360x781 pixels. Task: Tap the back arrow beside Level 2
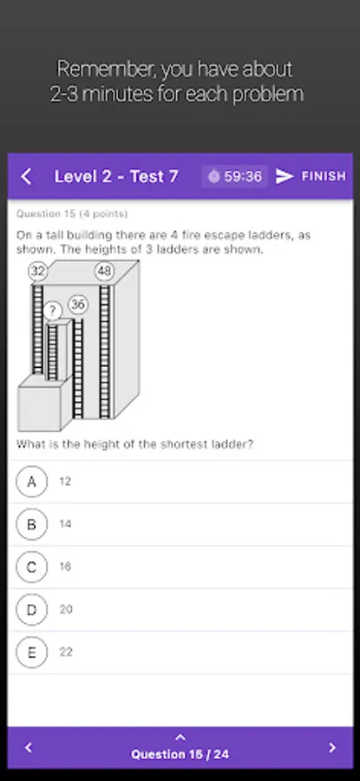tap(26, 176)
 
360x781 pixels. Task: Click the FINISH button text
tap(324, 176)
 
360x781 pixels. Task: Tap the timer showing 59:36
tap(235, 176)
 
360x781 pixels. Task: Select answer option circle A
tap(32, 482)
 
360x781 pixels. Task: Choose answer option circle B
tap(32, 524)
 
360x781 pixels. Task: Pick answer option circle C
tap(32, 567)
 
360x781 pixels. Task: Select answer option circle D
tap(32, 609)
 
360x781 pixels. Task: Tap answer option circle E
tap(32, 652)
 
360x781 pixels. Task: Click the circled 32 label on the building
tap(38, 272)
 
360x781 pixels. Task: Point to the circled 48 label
tap(104, 272)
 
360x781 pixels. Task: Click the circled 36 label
tap(78, 305)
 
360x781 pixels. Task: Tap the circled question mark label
tap(52, 312)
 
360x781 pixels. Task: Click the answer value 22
tap(66, 652)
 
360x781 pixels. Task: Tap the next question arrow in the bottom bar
tap(332, 748)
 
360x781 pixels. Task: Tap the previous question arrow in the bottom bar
tap(29, 748)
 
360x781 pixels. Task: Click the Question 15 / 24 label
tap(180, 754)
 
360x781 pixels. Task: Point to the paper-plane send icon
tap(285, 176)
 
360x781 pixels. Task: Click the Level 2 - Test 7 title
tap(116, 176)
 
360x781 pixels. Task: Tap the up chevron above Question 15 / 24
tap(180, 737)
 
